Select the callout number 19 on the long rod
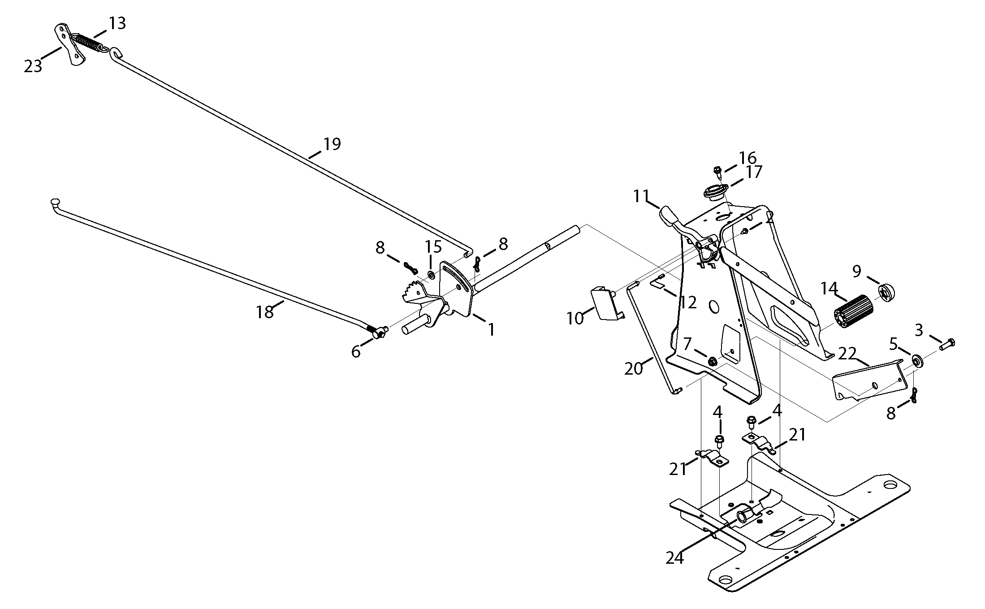[x=332, y=144]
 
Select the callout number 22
[x=847, y=354]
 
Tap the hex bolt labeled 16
[x=717, y=170]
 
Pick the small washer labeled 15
[x=430, y=273]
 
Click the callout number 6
[x=355, y=352]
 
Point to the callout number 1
[x=491, y=329]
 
